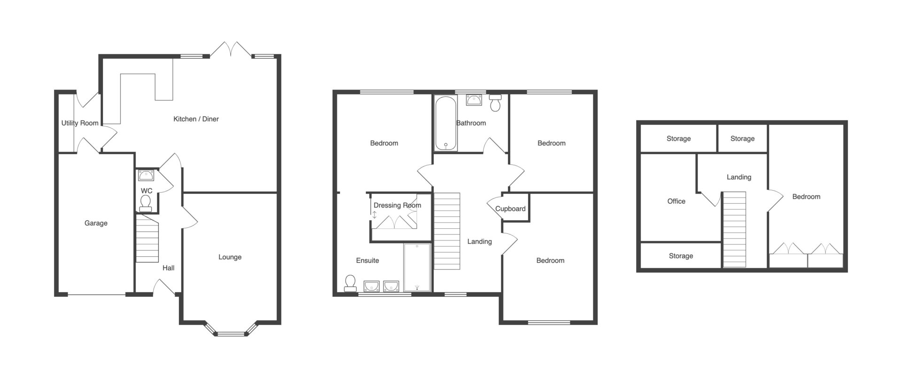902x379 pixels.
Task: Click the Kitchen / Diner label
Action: (x=196, y=119)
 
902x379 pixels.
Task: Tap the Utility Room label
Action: (x=80, y=123)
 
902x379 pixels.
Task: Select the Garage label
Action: (x=96, y=223)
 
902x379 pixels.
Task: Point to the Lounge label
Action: (x=230, y=257)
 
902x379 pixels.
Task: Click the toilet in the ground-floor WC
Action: (x=146, y=202)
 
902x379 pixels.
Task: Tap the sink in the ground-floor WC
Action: (x=146, y=176)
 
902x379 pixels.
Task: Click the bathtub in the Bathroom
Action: (x=445, y=123)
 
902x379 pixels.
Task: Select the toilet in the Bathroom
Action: (x=495, y=103)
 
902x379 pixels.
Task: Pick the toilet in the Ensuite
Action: (x=350, y=283)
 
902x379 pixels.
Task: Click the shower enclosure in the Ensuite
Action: (x=417, y=267)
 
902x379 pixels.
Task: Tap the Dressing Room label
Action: (x=397, y=205)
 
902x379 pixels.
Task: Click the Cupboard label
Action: (x=510, y=209)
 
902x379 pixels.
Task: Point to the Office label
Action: (x=676, y=201)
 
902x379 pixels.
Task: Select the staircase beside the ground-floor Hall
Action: (x=148, y=239)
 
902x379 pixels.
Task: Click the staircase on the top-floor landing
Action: (x=734, y=229)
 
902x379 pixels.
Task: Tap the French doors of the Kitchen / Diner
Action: (x=230, y=50)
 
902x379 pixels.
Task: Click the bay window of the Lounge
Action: (x=231, y=330)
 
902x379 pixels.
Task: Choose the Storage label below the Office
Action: (x=681, y=256)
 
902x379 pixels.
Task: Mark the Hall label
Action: (x=168, y=268)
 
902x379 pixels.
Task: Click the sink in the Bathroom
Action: (x=474, y=100)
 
